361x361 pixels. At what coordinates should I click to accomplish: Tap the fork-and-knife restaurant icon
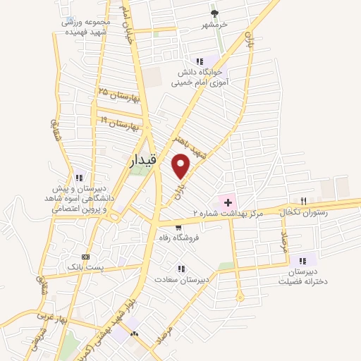pos(303,201)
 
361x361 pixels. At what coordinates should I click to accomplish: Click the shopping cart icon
pos(179,228)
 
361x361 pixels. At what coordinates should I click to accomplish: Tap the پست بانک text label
pos(85,268)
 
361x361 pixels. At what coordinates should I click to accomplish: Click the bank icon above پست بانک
pos(85,257)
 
